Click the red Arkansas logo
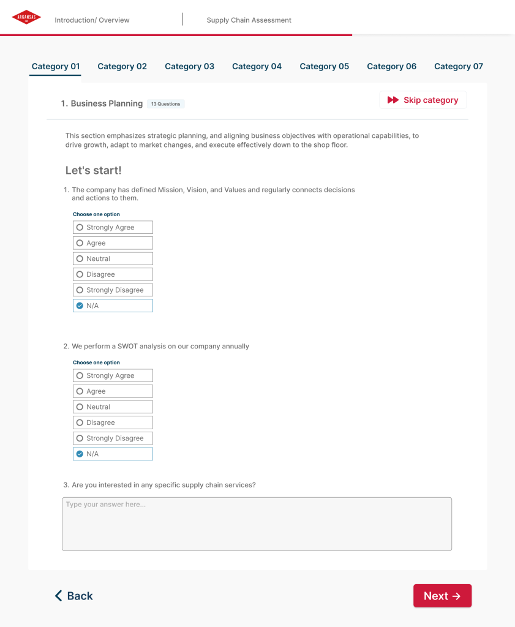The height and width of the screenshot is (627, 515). (x=26, y=18)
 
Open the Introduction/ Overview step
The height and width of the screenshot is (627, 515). (x=92, y=20)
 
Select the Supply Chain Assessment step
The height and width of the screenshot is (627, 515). (x=249, y=20)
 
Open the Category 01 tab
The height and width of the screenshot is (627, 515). (x=56, y=67)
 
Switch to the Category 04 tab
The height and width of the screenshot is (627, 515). (x=257, y=67)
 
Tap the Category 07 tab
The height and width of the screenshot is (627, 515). (x=458, y=67)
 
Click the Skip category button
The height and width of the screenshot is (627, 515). (x=423, y=100)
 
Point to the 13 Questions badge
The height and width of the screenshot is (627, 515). (x=165, y=104)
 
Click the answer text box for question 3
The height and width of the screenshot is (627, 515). (x=257, y=524)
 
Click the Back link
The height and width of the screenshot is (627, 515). (x=73, y=596)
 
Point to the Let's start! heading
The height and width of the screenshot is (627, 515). (x=94, y=170)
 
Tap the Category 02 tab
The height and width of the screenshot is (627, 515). (x=122, y=67)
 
